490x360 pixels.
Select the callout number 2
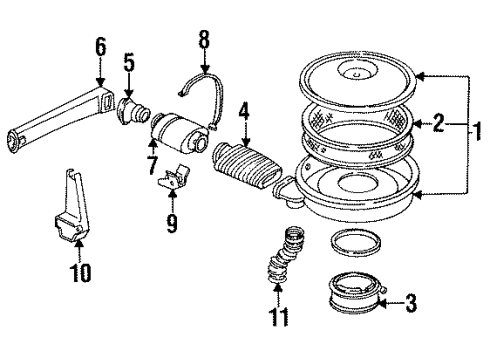437,125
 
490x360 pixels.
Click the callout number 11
281,318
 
